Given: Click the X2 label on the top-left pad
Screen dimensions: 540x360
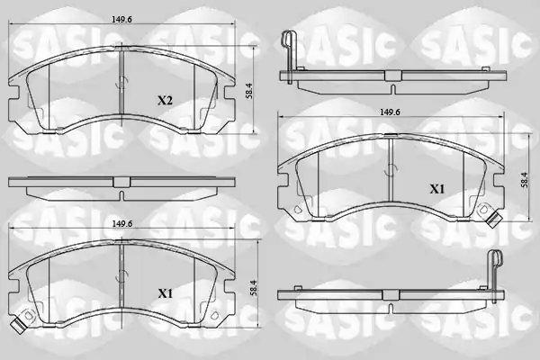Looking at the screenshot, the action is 165,101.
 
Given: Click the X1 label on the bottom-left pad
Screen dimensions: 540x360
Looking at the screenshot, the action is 165,293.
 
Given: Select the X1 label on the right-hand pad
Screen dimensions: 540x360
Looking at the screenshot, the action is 437,189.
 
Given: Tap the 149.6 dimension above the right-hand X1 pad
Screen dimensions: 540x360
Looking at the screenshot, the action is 390,112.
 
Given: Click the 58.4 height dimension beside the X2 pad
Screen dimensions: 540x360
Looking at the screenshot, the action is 249,91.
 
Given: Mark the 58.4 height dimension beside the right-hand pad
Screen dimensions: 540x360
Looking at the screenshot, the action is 525,179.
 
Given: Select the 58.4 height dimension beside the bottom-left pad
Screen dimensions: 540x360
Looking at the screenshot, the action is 254,287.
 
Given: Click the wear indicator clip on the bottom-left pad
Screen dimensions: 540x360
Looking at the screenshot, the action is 17,324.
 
